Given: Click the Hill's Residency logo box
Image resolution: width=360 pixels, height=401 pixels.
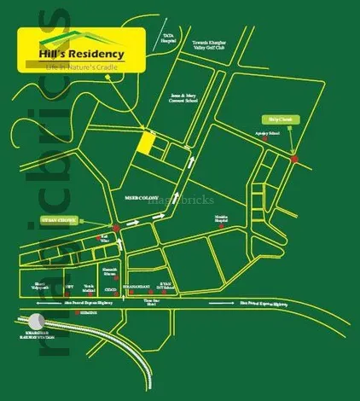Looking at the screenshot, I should pos(81,55).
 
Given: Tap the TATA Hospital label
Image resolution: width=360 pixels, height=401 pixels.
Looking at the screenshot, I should pos(168,38).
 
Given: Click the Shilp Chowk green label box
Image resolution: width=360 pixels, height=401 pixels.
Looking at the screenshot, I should pos(280,120).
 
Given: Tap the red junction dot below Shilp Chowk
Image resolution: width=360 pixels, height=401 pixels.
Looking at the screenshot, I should pos(294,160).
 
